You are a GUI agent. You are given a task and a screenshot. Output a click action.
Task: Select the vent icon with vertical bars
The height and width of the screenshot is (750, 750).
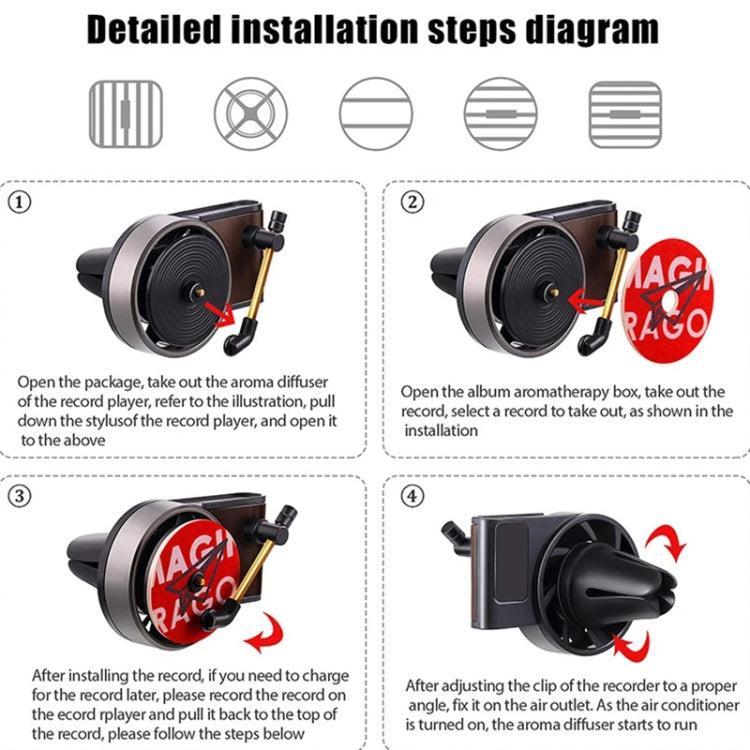(x=125, y=113)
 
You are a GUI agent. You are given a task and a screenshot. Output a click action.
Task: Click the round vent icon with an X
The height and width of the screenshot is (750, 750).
(x=250, y=113)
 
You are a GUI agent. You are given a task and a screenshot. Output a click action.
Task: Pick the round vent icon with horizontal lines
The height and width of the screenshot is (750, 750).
(x=375, y=113)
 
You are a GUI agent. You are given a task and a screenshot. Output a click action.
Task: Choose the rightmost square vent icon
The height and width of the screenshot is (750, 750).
(x=625, y=113)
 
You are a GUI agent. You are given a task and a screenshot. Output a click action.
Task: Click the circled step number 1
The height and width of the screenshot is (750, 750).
(x=20, y=201)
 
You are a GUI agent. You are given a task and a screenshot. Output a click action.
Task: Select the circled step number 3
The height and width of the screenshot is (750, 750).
(x=20, y=495)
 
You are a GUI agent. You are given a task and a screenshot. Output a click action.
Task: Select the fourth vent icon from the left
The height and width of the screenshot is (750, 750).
(x=500, y=113)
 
